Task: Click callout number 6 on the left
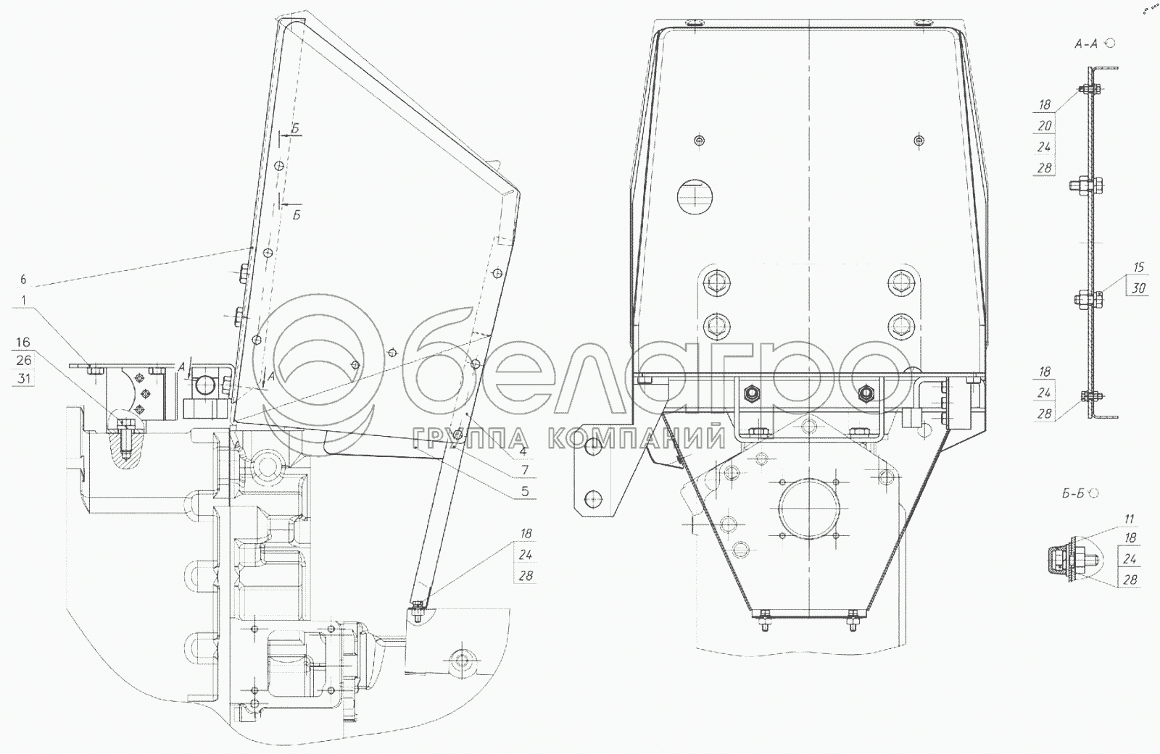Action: pos(22,280)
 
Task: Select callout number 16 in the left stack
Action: pos(22,342)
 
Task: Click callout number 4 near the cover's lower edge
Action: pos(523,451)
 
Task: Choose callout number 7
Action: pos(525,470)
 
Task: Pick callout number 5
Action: pos(525,491)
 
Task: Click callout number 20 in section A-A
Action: pos(1045,126)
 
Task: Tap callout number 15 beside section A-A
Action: pos(1139,267)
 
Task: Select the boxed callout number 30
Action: pos(1139,288)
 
